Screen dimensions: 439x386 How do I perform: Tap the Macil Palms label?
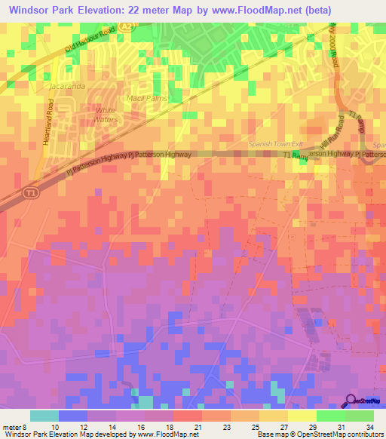click(x=146, y=99)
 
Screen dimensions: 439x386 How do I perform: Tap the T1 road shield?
click(x=28, y=190)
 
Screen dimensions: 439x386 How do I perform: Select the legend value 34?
click(x=369, y=427)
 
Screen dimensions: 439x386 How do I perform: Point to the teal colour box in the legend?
click(x=44, y=416)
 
